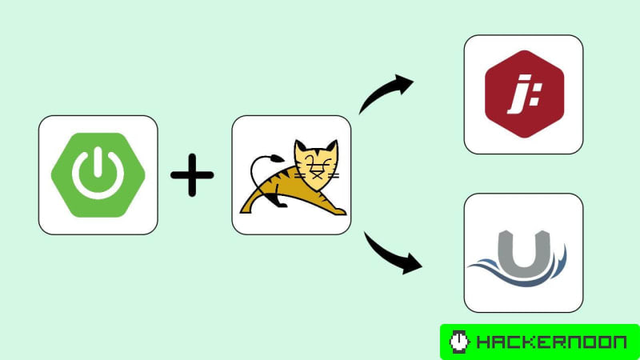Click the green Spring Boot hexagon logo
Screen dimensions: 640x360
point(98,174)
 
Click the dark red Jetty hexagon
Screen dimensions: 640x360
point(523,95)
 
